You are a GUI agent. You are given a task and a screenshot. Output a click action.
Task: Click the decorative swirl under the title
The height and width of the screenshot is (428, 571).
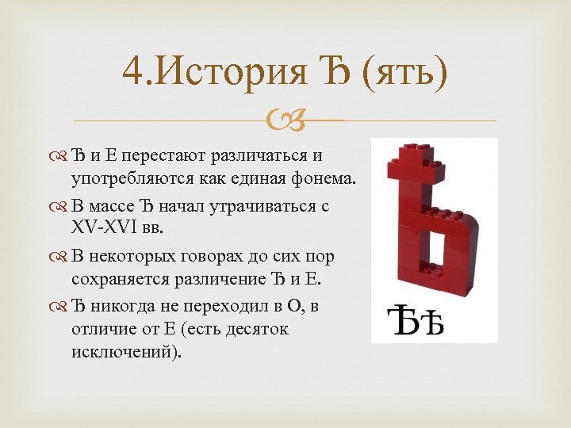point(285,120)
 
